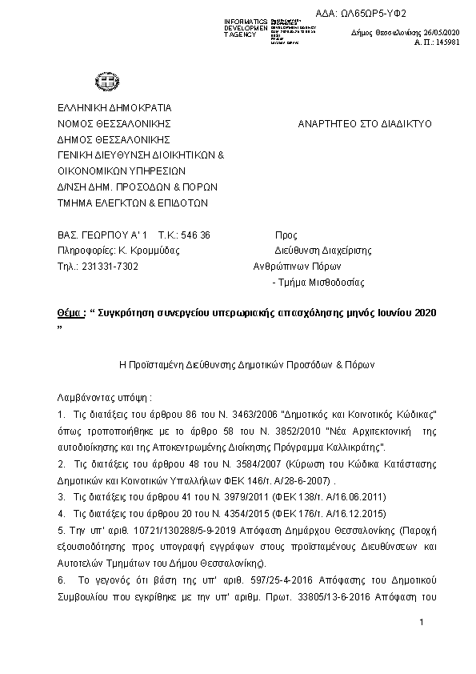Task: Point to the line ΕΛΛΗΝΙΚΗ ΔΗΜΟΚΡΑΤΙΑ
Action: point(114,107)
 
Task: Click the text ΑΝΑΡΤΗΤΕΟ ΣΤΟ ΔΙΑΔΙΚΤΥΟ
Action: point(364,124)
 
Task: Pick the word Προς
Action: point(286,235)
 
